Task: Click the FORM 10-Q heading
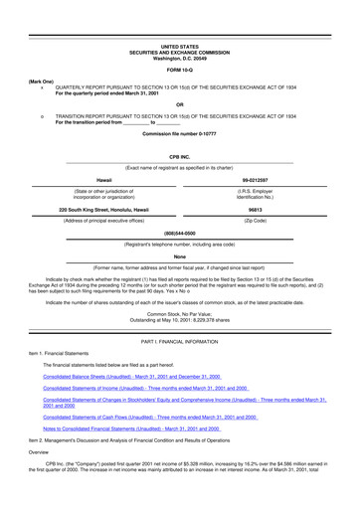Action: coord(180,71)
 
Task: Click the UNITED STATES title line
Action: coord(180,47)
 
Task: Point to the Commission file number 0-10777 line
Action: coord(180,132)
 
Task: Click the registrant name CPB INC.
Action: coord(180,157)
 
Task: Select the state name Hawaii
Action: coord(103,180)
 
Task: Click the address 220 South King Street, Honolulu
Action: coord(104,210)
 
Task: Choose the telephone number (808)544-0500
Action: coord(180,234)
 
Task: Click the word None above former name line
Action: coord(180,256)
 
